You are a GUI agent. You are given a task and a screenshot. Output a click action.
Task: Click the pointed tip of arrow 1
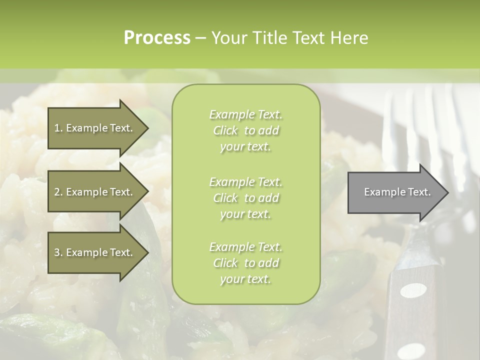point(147,128)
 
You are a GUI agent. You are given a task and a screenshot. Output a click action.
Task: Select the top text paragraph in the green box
point(245,130)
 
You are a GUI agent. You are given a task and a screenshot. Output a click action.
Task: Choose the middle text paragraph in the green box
point(245,198)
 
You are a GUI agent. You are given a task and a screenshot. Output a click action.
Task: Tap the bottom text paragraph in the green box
point(245,263)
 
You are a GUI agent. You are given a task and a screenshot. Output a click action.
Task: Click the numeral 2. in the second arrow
point(58,192)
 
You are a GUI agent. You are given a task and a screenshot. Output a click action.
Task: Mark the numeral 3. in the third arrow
point(58,252)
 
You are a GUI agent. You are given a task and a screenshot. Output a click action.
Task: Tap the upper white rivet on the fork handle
point(413,290)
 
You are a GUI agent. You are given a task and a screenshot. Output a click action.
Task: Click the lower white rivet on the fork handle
point(411,350)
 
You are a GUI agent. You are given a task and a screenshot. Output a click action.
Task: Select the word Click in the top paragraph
point(225,130)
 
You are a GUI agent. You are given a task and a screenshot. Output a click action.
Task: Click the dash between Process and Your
point(200,38)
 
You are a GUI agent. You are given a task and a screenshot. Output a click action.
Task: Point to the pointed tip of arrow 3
point(147,252)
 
